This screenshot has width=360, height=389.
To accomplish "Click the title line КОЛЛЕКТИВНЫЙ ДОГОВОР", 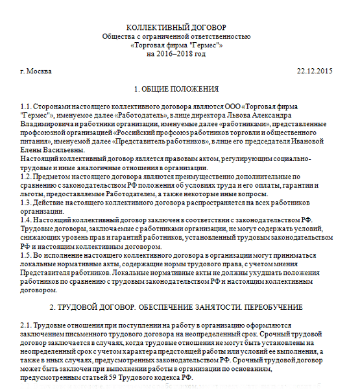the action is point(176,27).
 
